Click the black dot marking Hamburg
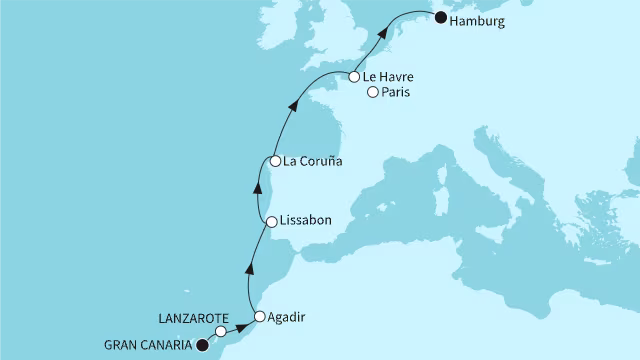point(440,17)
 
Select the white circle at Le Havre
point(355,76)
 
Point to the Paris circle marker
point(373,93)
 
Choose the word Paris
point(398,94)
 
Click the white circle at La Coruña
point(274,161)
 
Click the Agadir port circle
point(260,317)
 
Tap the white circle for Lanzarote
point(220,332)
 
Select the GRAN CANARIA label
point(147,347)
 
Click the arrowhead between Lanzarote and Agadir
point(241,326)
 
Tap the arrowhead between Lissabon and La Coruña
point(254,189)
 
